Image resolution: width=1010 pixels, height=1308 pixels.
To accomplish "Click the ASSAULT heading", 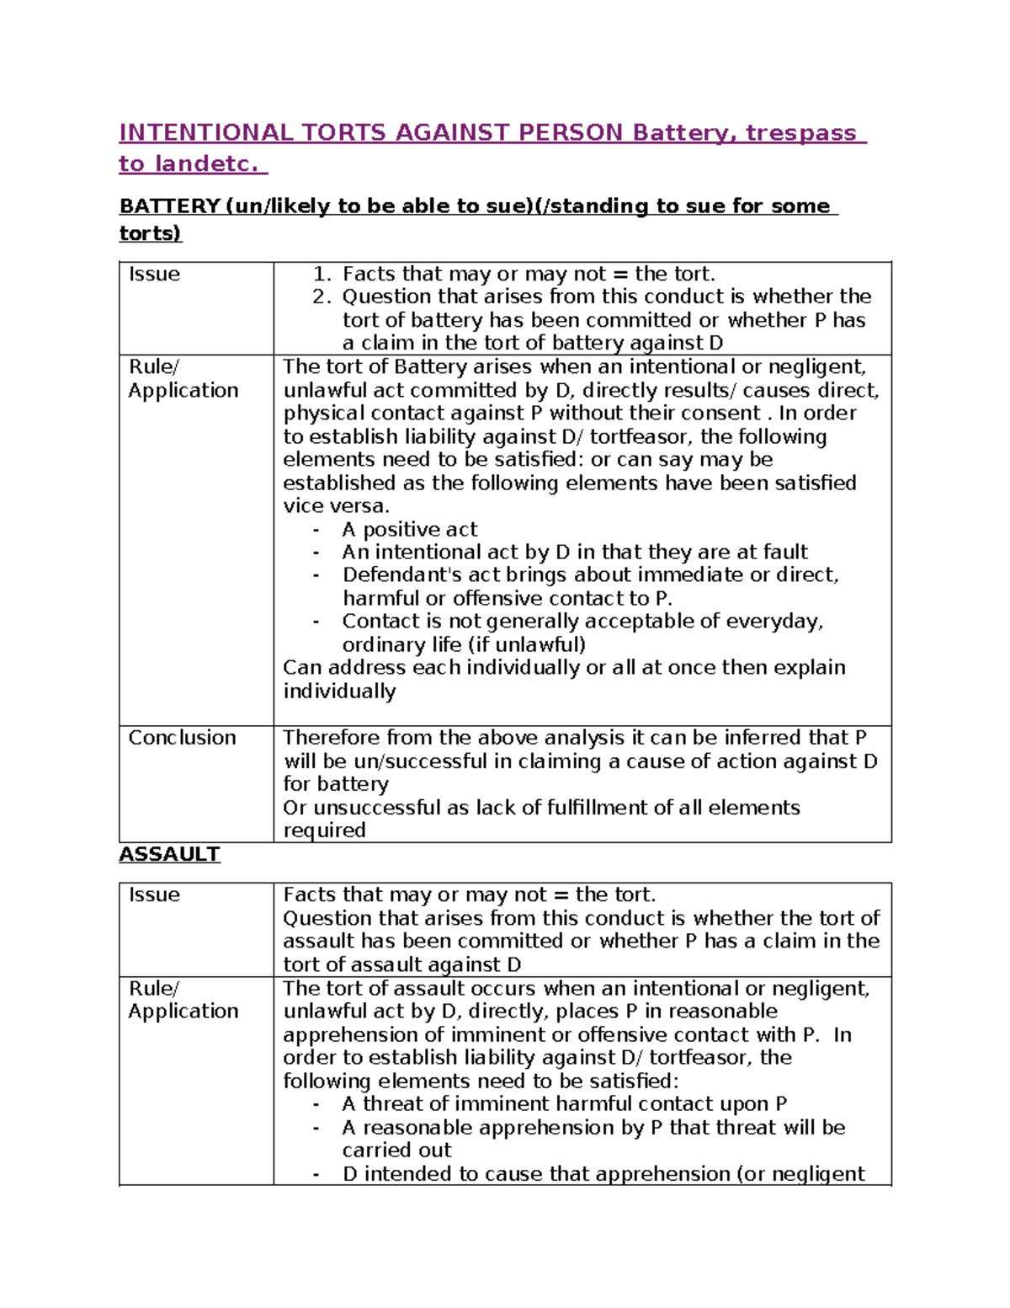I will tap(169, 854).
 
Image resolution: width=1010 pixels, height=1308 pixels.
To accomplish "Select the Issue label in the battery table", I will tap(154, 275).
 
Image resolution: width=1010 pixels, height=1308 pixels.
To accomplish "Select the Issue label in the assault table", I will tap(154, 895).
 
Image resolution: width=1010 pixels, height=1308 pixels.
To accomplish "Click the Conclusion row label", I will tap(182, 738).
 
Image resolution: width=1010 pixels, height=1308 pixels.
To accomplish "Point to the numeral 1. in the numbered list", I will tap(321, 275).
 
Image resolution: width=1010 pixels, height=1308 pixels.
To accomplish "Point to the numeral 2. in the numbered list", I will tap(321, 297).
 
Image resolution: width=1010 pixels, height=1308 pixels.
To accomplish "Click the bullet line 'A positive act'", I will tap(409, 530).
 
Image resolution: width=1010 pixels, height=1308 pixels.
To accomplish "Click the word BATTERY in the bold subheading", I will tap(169, 206).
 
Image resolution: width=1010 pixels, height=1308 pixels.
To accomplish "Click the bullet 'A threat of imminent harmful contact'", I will tap(564, 1104).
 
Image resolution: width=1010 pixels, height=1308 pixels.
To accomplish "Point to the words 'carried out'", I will tap(396, 1151).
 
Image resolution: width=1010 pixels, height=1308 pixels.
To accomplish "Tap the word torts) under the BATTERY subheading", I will tap(150, 233).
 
